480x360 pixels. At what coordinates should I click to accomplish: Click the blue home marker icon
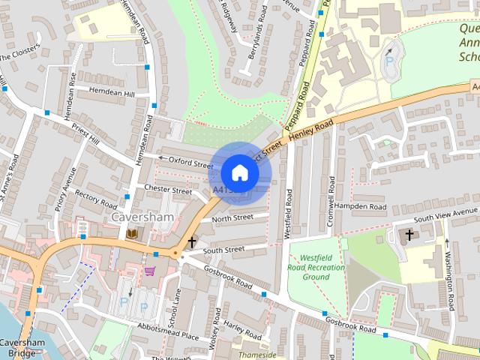click(x=239, y=172)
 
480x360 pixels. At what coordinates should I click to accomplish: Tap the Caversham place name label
click(x=142, y=217)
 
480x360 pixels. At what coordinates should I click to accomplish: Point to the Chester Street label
click(x=168, y=190)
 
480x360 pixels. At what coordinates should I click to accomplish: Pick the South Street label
click(x=223, y=249)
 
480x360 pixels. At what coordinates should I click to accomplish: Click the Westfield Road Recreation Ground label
click(x=316, y=260)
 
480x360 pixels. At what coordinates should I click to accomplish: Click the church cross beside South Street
click(x=192, y=241)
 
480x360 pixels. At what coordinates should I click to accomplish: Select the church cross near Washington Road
click(x=409, y=235)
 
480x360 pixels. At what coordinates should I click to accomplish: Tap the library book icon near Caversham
click(x=132, y=235)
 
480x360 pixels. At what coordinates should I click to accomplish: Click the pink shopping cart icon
click(x=151, y=270)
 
